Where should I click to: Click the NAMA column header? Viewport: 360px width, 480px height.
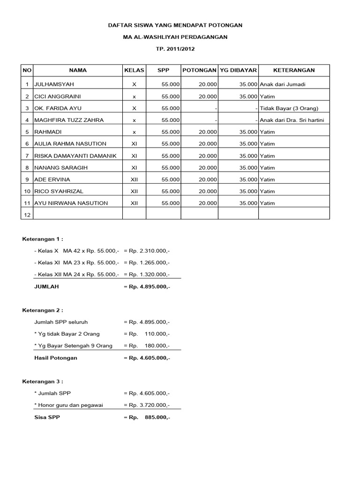tap(78, 70)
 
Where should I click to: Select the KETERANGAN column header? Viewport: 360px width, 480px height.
tap(294, 70)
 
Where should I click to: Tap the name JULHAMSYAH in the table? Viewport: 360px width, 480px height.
tap(54, 84)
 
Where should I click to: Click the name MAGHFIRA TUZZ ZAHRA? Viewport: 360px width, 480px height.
tap(68, 120)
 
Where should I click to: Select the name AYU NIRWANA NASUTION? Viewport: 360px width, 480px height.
tap(71, 203)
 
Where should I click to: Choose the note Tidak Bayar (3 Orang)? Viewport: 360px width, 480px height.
tap(289, 108)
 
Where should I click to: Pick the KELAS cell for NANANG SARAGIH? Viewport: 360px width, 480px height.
tap(134, 167)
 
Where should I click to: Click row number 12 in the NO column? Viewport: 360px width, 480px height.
tap(27, 215)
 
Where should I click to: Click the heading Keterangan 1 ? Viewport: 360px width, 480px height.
tap(43, 239)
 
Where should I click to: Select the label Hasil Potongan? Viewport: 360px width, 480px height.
tap(56, 358)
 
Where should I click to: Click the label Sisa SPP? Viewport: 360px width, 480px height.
tap(47, 417)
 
